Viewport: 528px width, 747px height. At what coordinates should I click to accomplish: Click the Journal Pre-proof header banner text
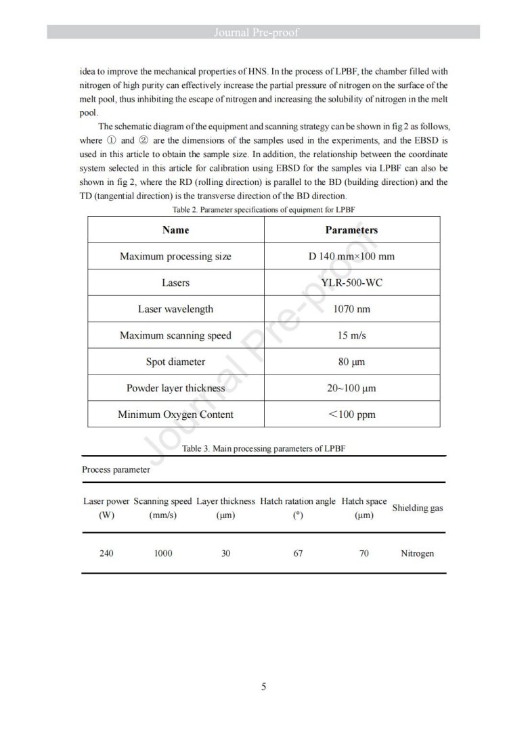pyautogui.click(x=263, y=32)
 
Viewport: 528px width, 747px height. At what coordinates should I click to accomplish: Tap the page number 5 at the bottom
pyautogui.click(x=263, y=687)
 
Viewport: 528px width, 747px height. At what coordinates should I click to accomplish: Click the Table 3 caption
pyautogui.click(x=263, y=448)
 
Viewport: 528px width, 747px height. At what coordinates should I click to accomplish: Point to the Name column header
pyautogui.click(x=175, y=230)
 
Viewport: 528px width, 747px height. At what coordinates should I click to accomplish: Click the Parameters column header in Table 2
pyautogui.click(x=351, y=230)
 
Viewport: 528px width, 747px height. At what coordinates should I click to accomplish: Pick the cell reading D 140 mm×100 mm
pyautogui.click(x=351, y=256)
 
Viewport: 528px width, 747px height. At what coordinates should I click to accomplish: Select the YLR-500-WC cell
pyautogui.click(x=351, y=282)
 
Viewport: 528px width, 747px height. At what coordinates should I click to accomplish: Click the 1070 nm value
pyautogui.click(x=351, y=309)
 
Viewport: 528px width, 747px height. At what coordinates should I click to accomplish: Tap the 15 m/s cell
pyautogui.click(x=351, y=335)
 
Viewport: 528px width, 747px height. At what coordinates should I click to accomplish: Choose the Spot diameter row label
pyautogui.click(x=175, y=362)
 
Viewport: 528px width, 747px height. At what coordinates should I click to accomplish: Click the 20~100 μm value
pyautogui.click(x=351, y=388)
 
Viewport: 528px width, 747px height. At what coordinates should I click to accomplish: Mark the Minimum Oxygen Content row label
pyautogui.click(x=175, y=414)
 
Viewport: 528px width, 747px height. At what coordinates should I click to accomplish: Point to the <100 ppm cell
pyautogui.click(x=351, y=414)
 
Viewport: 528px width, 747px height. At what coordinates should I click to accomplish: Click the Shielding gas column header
pyautogui.click(x=418, y=507)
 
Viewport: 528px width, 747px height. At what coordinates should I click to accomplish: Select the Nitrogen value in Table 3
pyautogui.click(x=417, y=553)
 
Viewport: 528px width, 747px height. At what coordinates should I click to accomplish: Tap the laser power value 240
pyautogui.click(x=106, y=553)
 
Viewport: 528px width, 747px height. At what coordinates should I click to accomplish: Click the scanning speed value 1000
pyautogui.click(x=162, y=553)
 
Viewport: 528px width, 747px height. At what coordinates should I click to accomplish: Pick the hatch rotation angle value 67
pyautogui.click(x=298, y=553)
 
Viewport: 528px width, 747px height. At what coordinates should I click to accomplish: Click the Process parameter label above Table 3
pyautogui.click(x=116, y=469)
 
